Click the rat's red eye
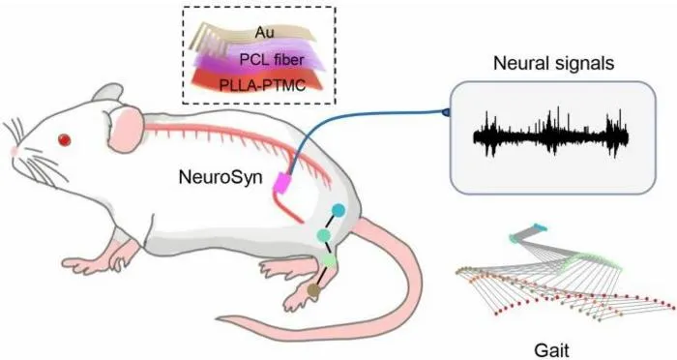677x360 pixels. tap(65, 139)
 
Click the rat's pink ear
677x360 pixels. tap(125, 129)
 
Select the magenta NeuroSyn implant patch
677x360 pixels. tap(282, 183)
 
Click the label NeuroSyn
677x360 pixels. tap(221, 177)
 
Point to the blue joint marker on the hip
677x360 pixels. tap(338, 210)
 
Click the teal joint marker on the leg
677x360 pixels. tap(323, 235)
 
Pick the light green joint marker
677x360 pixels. tap(329, 259)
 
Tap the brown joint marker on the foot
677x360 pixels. tap(313, 291)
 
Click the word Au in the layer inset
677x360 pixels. tap(264, 32)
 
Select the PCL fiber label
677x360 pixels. tap(272, 60)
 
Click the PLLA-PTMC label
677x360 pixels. tap(262, 85)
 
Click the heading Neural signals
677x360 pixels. tap(553, 64)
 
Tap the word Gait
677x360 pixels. tap(551, 350)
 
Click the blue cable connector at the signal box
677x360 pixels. tap(445, 112)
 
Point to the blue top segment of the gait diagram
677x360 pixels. tap(540, 226)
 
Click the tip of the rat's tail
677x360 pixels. tap(219, 319)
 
